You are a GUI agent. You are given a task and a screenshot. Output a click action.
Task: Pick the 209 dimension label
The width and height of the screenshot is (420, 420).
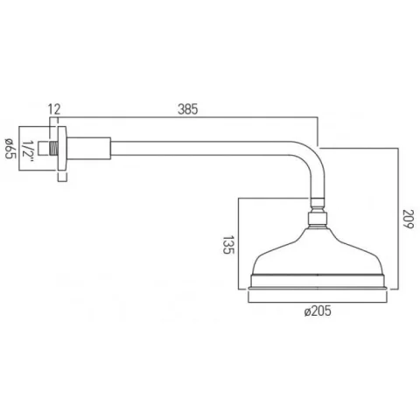(408, 218)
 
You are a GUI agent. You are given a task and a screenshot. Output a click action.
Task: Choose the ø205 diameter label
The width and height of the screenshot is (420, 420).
(320, 312)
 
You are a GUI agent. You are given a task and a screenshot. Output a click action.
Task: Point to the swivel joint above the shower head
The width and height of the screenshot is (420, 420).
(319, 217)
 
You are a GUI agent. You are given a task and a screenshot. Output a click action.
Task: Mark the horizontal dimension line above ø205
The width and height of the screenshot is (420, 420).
(319, 299)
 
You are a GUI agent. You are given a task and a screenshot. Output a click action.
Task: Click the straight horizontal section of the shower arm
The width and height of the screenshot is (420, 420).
(201, 142)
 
